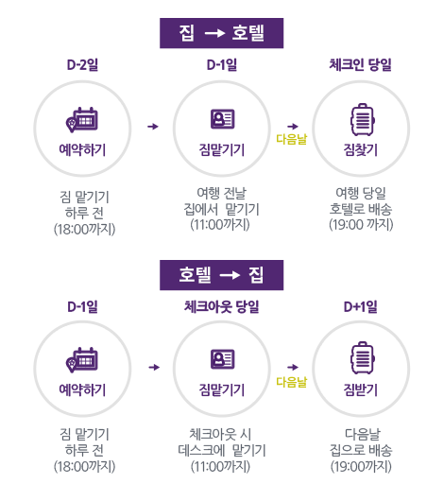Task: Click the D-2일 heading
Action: (x=82, y=65)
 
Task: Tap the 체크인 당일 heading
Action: (x=360, y=65)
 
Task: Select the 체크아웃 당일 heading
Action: (x=221, y=306)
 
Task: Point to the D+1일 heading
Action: (x=360, y=306)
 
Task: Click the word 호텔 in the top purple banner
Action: (x=248, y=33)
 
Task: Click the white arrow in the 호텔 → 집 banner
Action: (x=230, y=275)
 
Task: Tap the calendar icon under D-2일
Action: (x=82, y=120)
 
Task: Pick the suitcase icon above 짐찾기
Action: (x=363, y=120)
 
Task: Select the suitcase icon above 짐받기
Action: (x=363, y=358)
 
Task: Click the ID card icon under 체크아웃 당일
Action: (x=222, y=359)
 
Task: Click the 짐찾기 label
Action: (x=360, y=149)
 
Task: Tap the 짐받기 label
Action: (x=360, y=389)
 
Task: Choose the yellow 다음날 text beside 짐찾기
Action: (x=291, y=139)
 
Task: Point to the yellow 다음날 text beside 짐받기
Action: (x=291, y=382)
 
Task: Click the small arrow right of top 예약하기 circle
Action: (x=153, y=127)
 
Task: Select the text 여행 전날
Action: (x=221, y=193)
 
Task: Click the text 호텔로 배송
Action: (x=361, y=209)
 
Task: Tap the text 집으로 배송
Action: (x=361, y=450)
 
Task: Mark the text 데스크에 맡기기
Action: (x=222, y=450)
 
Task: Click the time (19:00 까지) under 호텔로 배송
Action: (x=361, y=225)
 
